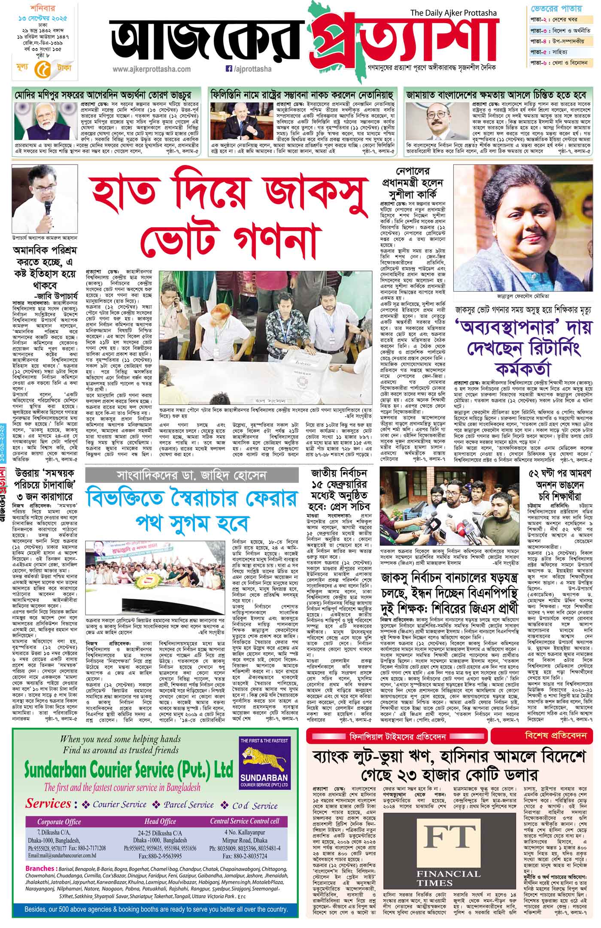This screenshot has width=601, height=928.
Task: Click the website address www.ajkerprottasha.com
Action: coord(152,69)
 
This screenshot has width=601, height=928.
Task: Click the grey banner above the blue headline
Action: coord(191,476)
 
